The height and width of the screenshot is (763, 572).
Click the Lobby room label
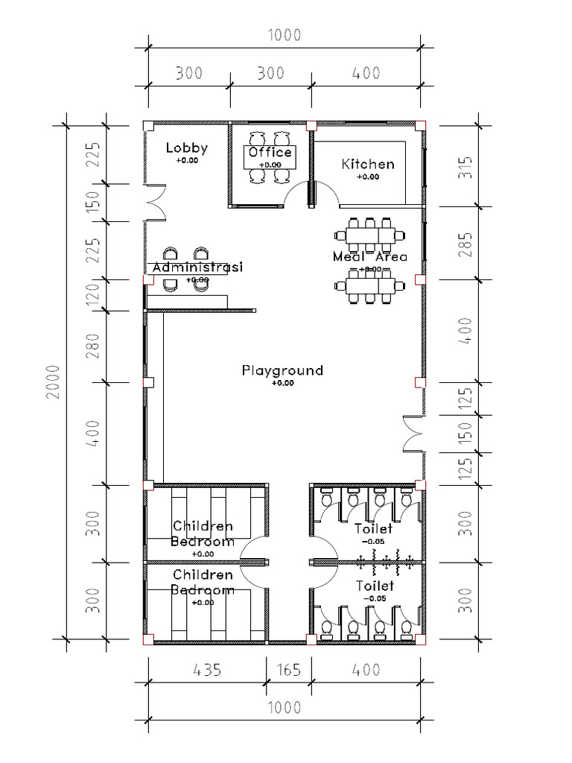(x=187, y=148)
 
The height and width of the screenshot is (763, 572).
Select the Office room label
(x=270, y=153)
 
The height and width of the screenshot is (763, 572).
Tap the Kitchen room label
(x=368, y=164)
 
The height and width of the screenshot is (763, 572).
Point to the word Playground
(x=282, y=370)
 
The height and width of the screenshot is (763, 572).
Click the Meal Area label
(x=370, y=257)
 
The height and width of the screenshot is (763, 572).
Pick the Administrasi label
(x=197, y=267)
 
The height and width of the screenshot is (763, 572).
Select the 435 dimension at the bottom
(x=207, y=670)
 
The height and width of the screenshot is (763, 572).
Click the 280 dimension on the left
(x=93, y=346)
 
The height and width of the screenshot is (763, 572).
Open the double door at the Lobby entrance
(x=155, y=202)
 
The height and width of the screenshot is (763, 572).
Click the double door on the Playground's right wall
(x=412, y=434)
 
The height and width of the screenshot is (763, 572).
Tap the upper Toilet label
(x=373, y=529)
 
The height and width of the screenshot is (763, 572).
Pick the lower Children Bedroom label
(x=203, y=582)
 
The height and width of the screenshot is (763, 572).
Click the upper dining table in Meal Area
(x=370, y=235)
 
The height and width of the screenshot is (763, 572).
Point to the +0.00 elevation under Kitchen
(x=368, y=177)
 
